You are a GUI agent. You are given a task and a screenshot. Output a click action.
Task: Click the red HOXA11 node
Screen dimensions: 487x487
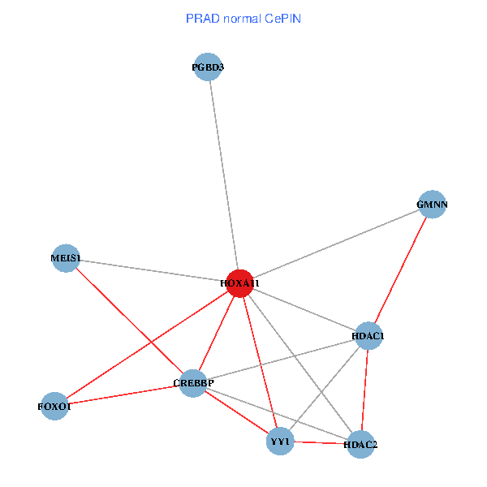[x=239, y=283]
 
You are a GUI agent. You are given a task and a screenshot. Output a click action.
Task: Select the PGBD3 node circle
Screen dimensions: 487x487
[x=209, y=68]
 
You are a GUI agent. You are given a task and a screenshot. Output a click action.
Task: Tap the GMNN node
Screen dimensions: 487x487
[x=432, y=205]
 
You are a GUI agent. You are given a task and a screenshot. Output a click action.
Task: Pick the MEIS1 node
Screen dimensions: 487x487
[x=66, y=259]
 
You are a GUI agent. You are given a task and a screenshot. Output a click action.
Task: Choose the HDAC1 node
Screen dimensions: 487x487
[x=368, y=335]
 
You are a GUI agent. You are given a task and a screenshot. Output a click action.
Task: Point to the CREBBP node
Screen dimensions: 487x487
[x=192, y=382]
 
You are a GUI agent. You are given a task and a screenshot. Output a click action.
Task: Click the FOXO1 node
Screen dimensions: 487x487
[x=54, y=406]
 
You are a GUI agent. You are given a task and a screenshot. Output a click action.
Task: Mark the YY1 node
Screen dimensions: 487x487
[x=280, y=441]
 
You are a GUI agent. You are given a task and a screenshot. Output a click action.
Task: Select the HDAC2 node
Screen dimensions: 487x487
[x=360, y=445]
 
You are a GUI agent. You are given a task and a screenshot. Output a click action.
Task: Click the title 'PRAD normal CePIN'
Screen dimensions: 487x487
[x=243, y=18]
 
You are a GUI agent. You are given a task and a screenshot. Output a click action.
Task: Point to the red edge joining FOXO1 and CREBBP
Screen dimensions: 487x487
[x=122, y=394]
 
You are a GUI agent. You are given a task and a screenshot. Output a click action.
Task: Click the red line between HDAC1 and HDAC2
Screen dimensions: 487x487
[x=364, y=390]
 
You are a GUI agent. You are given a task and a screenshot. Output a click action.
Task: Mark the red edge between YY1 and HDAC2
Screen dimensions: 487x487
[x=320, y=443]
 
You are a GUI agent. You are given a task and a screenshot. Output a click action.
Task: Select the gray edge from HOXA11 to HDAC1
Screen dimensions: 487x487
[x=304, y=309]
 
